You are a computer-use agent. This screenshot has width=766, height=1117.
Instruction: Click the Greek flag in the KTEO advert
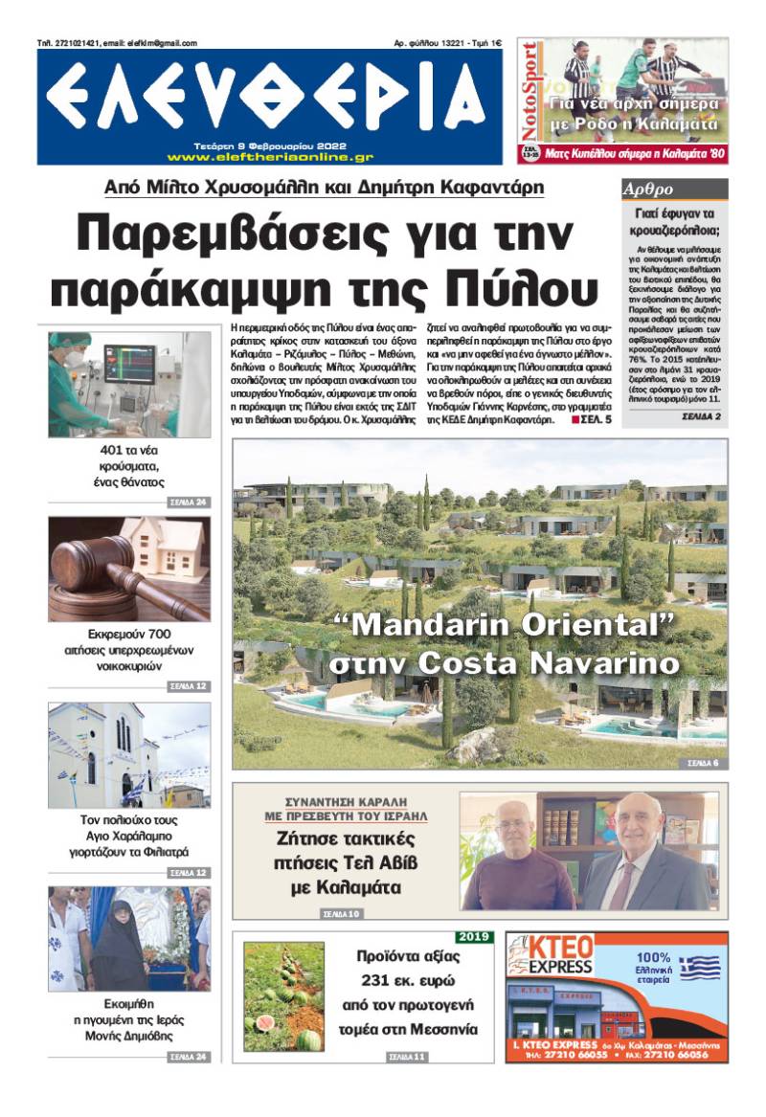(x=700, y=968)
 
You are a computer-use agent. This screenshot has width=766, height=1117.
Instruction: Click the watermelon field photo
(x=283, y=996)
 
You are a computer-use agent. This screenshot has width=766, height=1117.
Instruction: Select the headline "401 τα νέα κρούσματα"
(x=128, y=467)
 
